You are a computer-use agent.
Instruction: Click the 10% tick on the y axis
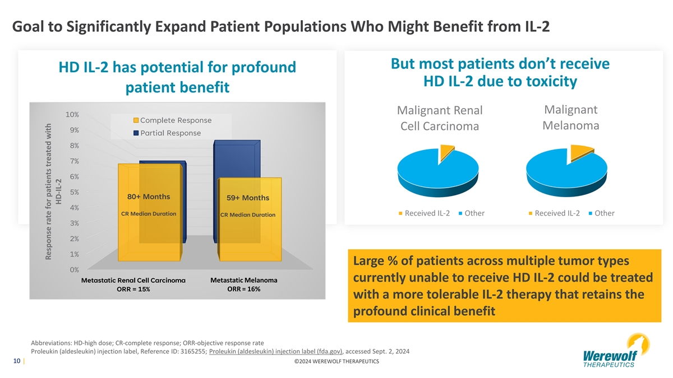pos(72,114)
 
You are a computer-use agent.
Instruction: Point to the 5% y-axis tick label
pos(73,192)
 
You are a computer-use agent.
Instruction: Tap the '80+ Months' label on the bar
pos(149,197)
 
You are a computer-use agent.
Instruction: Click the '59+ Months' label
pos(248,198)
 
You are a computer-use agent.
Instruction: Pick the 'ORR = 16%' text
pos(243,289)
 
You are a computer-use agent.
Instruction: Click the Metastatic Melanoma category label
pos(243,280)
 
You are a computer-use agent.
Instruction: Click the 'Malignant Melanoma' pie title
pos(570,117)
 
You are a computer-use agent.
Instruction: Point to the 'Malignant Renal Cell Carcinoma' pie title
pos(440,118)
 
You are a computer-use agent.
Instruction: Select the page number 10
pos(17,361)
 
